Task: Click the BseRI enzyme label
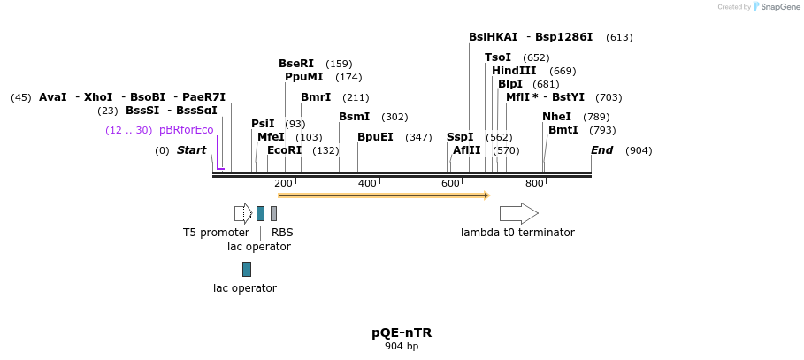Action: pos(296,64)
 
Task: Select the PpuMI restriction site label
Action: pos(303,77)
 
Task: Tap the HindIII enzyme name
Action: pos(514,71)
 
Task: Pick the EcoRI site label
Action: pos(284,150)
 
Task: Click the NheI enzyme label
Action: pos(556,117)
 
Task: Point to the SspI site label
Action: pos(460,137)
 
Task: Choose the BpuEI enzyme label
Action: pos(375,137)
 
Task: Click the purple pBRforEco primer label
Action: pos(186,130)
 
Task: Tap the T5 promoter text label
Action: pos(216,233)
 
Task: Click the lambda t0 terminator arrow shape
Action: pos(518,213)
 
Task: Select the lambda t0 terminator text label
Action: pos(517,233)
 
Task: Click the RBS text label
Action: pos(282,233)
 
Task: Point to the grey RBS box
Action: pos(273,213)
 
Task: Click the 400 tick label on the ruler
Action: pos(367,183)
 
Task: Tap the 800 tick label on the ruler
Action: pos(534,183)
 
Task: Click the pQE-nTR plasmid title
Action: pos(402,333)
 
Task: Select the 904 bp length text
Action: pos(402,347)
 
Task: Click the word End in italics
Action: pos(601,150)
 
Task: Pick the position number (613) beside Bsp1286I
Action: pos(619,37)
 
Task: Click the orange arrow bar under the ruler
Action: pos(383,195)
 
